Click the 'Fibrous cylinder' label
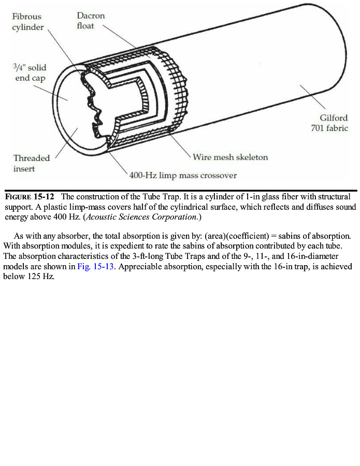[28, 22]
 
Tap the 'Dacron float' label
[91, 21]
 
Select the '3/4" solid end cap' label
[29, 73]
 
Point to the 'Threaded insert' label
[32, 163]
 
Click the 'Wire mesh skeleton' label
[230, 157]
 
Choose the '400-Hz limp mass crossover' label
[183, 176]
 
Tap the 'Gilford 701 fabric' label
[329, 123]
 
